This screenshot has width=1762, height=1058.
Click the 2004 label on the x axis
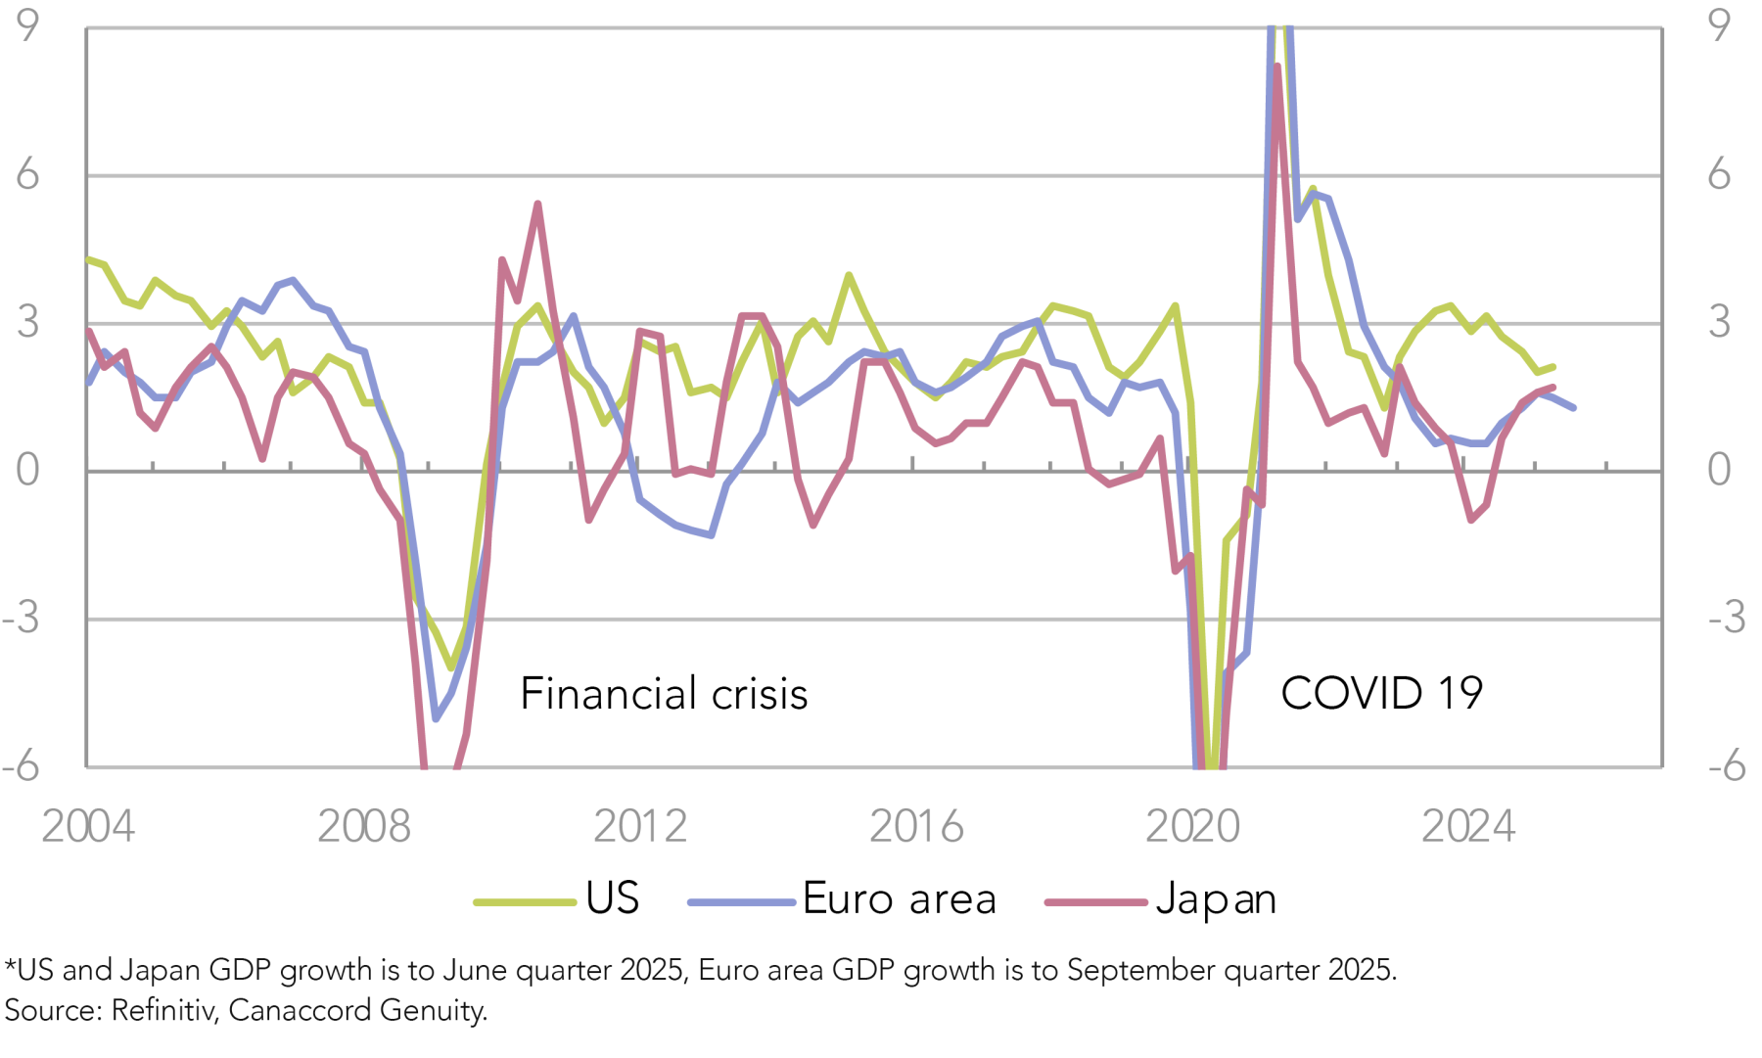click(87, 827)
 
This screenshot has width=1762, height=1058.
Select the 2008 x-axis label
click(363, 827)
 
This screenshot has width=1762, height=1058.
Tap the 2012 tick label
click(639, 827)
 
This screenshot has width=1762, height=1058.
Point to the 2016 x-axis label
click(916, 827)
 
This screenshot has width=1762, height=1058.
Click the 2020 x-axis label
click(1192, 827)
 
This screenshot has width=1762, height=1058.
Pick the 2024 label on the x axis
click(1467, 827)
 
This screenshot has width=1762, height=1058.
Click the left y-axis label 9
click(27, 25)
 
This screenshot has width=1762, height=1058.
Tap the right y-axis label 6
click(1719, 175)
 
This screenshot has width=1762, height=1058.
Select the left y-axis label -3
click(22, 618)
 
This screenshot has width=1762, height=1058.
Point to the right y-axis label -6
click(1727, 765)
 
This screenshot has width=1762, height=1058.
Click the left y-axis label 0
click(27, 471)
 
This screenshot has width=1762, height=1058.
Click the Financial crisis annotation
click(664, 694)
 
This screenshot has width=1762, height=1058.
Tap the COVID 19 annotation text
click(1381, 694)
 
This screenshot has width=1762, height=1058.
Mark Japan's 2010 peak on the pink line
click(537, 204)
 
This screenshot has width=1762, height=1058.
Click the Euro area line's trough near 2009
click(436, 718)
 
